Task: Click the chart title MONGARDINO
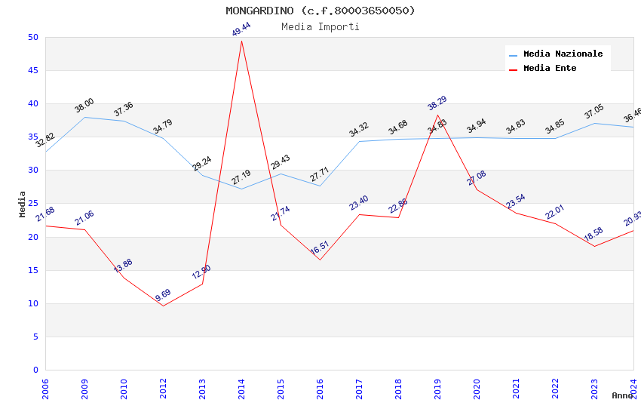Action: [320, 11]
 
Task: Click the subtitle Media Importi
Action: [320, 27]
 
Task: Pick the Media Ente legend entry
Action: [550, 69]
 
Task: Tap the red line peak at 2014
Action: [241, 41]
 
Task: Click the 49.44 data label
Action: [241, 29]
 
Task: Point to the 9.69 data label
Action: [164, 295]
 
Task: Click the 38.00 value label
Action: [84, 106]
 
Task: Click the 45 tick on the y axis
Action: [32, 71]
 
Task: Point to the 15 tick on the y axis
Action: [32, 270]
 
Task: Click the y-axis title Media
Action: [23, 204]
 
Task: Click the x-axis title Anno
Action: [622, 395]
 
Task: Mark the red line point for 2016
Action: [320, 260]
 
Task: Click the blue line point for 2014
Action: [241, 189]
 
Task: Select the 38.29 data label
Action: [437, 103]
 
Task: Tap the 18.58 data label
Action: [593, 235]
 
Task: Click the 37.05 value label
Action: [594, 112]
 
